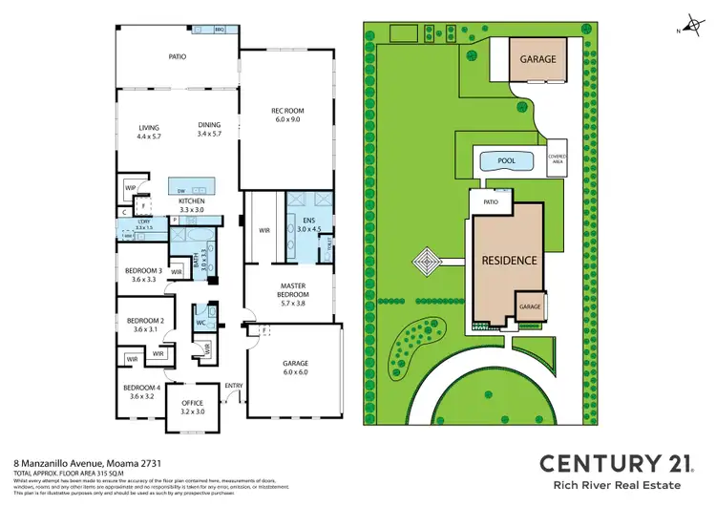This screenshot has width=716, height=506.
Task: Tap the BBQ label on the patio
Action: click(219, 31)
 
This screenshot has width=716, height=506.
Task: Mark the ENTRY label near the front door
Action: click(233, 386)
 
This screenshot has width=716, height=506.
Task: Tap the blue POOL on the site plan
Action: click(506, 161)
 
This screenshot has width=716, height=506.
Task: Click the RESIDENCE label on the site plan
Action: click(508, 260)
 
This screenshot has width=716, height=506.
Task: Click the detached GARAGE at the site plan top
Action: click(538, 58)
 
